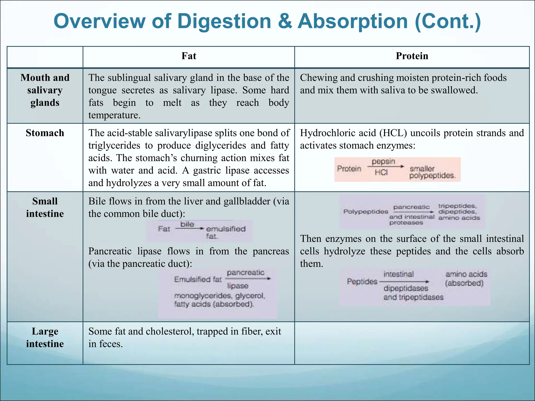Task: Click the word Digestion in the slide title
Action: point(224,21)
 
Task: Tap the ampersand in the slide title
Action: point(285,21)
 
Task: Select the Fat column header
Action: point(189,56)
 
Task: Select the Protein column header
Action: point(412,56)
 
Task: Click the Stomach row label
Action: point(45,133)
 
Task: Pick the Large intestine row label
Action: point(45,338)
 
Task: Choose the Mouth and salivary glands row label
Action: point(45,90)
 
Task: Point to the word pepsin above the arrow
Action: point(383,162)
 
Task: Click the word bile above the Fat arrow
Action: point(187,224)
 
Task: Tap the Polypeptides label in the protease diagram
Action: point(365,211)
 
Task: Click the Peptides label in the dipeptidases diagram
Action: point(362,281)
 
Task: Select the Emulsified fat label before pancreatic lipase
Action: point(198,279)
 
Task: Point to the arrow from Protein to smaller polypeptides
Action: point(385,167)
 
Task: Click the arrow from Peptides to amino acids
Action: point(404,282)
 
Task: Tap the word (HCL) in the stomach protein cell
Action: point(393,133)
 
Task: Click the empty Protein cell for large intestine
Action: point(412,343)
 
